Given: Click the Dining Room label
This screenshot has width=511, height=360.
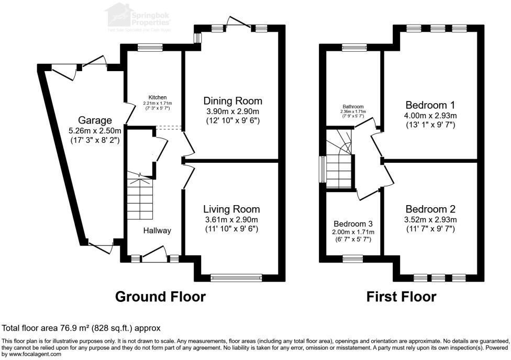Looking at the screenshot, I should click(232, 101).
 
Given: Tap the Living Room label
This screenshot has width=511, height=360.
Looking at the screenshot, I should click(231, 209).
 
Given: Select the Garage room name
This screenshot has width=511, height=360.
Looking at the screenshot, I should click(96, 120).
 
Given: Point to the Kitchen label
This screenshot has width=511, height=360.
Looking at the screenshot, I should click(158, 97).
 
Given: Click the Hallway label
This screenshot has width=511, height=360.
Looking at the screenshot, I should click(157, 230).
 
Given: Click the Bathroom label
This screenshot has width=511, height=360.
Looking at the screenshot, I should click(353, 106).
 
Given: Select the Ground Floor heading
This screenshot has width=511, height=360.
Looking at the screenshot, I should click(160, 297).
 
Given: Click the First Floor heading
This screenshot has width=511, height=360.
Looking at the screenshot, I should click(401, 297).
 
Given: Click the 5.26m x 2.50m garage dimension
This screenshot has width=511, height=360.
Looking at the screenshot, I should click(96, 131).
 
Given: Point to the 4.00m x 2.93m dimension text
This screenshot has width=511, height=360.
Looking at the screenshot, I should click(431, 116).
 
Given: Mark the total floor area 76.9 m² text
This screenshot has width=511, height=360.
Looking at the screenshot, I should click(81, 328).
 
